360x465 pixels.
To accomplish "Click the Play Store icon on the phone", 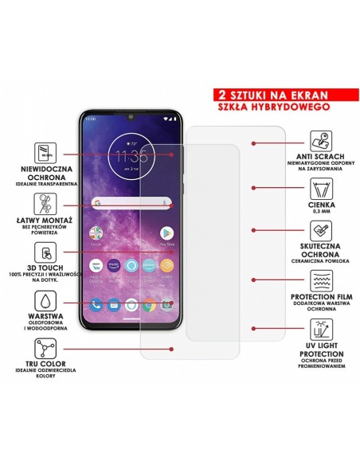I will pyautogui.click(x=166, y=232).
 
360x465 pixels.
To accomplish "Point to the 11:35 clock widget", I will pyautogui.click(x=131, y=154).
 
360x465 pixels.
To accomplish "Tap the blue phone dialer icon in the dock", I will pyautogui.click(x=96, y=303).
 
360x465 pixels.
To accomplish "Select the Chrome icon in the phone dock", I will pyautogui.click(x=149, y=303).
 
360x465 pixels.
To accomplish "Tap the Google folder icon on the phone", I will pyautogui.click(x=96, y=232).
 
